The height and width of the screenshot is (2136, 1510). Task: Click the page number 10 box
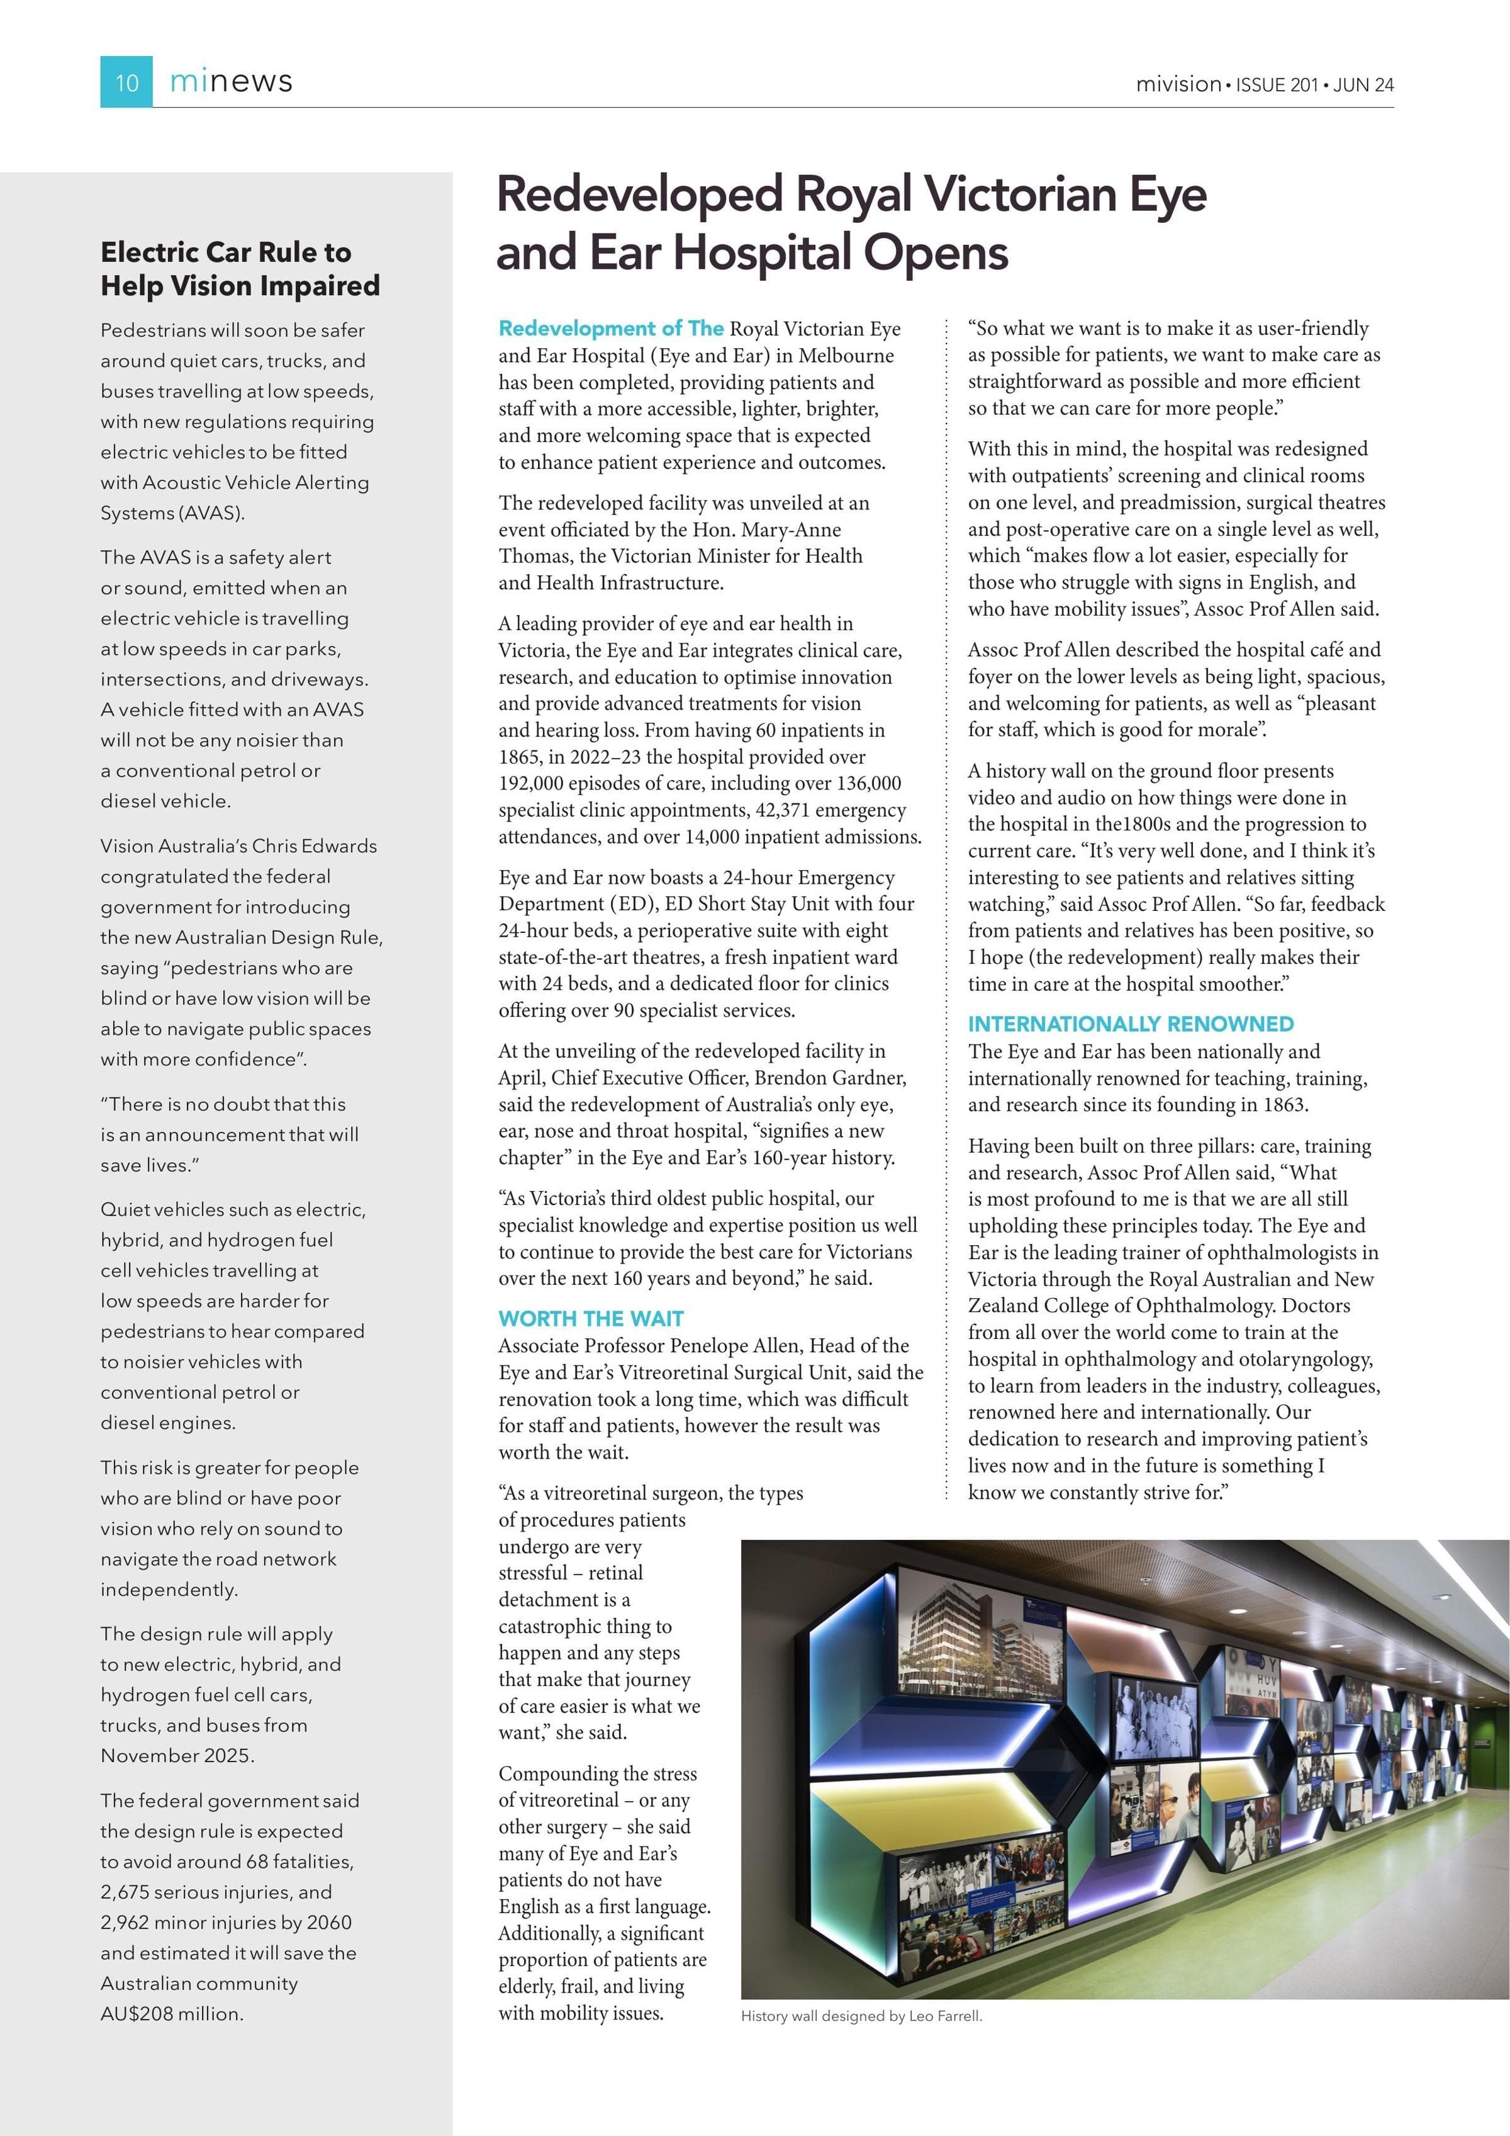click(126, 82)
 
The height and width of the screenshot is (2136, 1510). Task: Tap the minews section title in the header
click(231, 82)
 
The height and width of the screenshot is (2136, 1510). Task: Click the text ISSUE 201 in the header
click(1276, 84)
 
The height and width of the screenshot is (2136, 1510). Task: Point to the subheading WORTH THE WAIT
click(590, 1318)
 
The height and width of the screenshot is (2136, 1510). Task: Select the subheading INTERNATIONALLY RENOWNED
click(1130, 1024)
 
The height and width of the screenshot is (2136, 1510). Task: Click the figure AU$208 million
click(171, 2013)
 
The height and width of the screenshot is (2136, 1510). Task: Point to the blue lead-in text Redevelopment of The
click(610, 329)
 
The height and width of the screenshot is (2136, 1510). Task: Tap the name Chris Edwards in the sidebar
click(317, 845)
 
